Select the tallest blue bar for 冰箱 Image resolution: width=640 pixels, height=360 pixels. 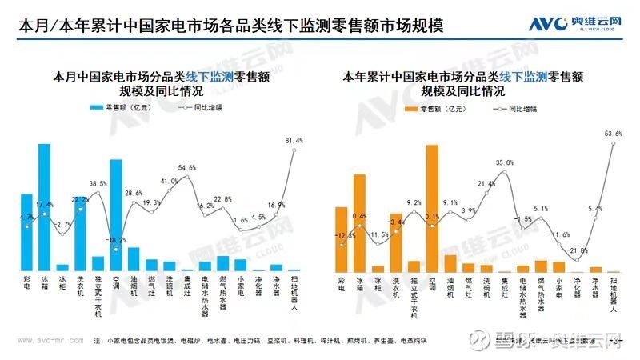click(45, 208)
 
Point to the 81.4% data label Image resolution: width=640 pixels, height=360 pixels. click(294, 141)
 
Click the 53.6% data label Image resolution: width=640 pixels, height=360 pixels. click(614, 134)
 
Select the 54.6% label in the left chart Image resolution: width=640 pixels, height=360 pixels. click(187, 168)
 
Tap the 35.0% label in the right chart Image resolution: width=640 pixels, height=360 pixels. click(505, 163)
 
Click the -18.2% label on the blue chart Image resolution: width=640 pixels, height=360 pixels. click(116, 240)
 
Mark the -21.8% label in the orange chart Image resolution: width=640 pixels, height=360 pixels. click(577, 250)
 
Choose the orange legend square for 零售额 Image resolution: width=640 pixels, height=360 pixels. click(411, 106)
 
